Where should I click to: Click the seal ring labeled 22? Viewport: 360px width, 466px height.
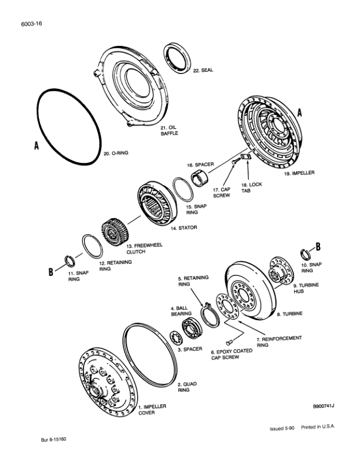tap(178, 58)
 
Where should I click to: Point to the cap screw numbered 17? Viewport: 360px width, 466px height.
tap(235, 161)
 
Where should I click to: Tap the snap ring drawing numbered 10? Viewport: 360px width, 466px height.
tap(305, 254)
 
